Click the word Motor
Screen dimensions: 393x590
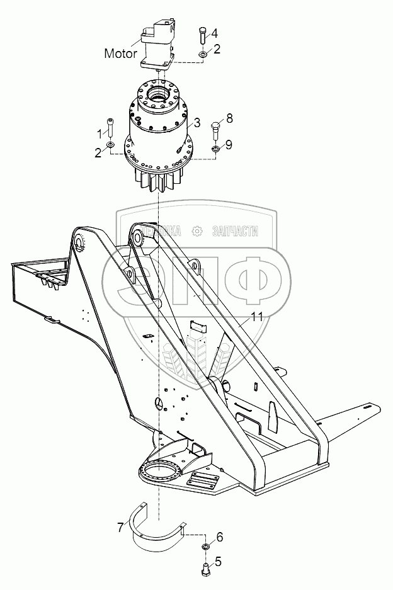[120, 54]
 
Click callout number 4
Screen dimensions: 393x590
[215, 33]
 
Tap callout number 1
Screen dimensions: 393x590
[100, 133]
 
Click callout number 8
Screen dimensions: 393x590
[230, 118]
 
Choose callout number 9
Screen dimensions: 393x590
[229, 144]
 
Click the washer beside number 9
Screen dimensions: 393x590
[214, 149]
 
